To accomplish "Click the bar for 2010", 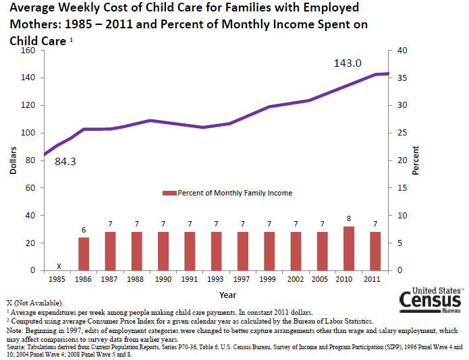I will tap(349, 248).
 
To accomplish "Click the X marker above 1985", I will tap(59, 265).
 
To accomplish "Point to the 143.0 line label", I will tap(348, 63).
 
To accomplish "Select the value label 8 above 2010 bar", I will tap(349, 218).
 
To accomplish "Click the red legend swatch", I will tap(172, 193).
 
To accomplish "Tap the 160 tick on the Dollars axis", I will tap(28, 51).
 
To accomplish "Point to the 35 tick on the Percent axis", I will tap(402, 78).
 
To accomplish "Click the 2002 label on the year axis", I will tap(296, 278).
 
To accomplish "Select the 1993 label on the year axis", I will tap(216, 278).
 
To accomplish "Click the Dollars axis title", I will tap(13, 160).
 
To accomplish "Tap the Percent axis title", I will tap(416, 160).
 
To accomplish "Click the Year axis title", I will tap(227, 294).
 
